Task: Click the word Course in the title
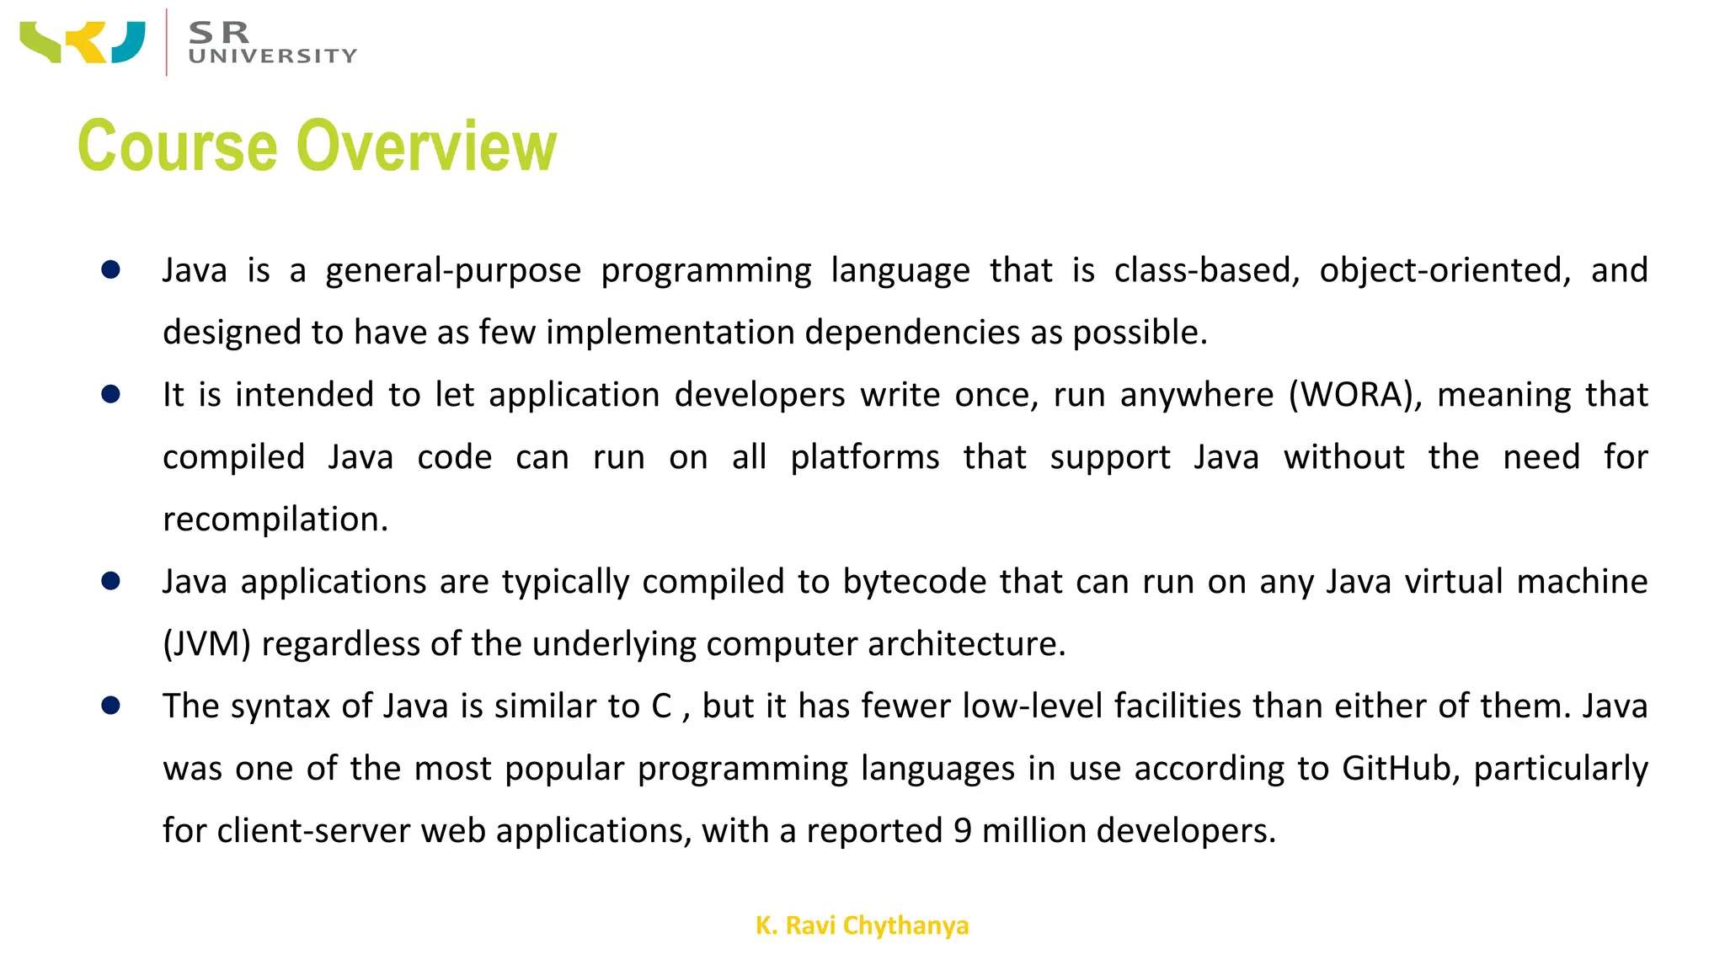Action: [177, 147]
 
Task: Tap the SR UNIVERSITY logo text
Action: [272, 43]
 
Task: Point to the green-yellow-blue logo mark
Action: [83, 42]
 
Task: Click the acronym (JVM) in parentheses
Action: [207, 644]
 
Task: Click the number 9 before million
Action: [963, 831]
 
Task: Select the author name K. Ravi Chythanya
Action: [862, 925]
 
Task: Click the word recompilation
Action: [275, 520]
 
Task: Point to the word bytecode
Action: [915, 582]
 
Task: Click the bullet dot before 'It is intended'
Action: [110, 394]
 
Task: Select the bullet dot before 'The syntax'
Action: [110, 706]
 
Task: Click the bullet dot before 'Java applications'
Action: [110, 581]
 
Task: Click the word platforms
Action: [864, 457]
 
